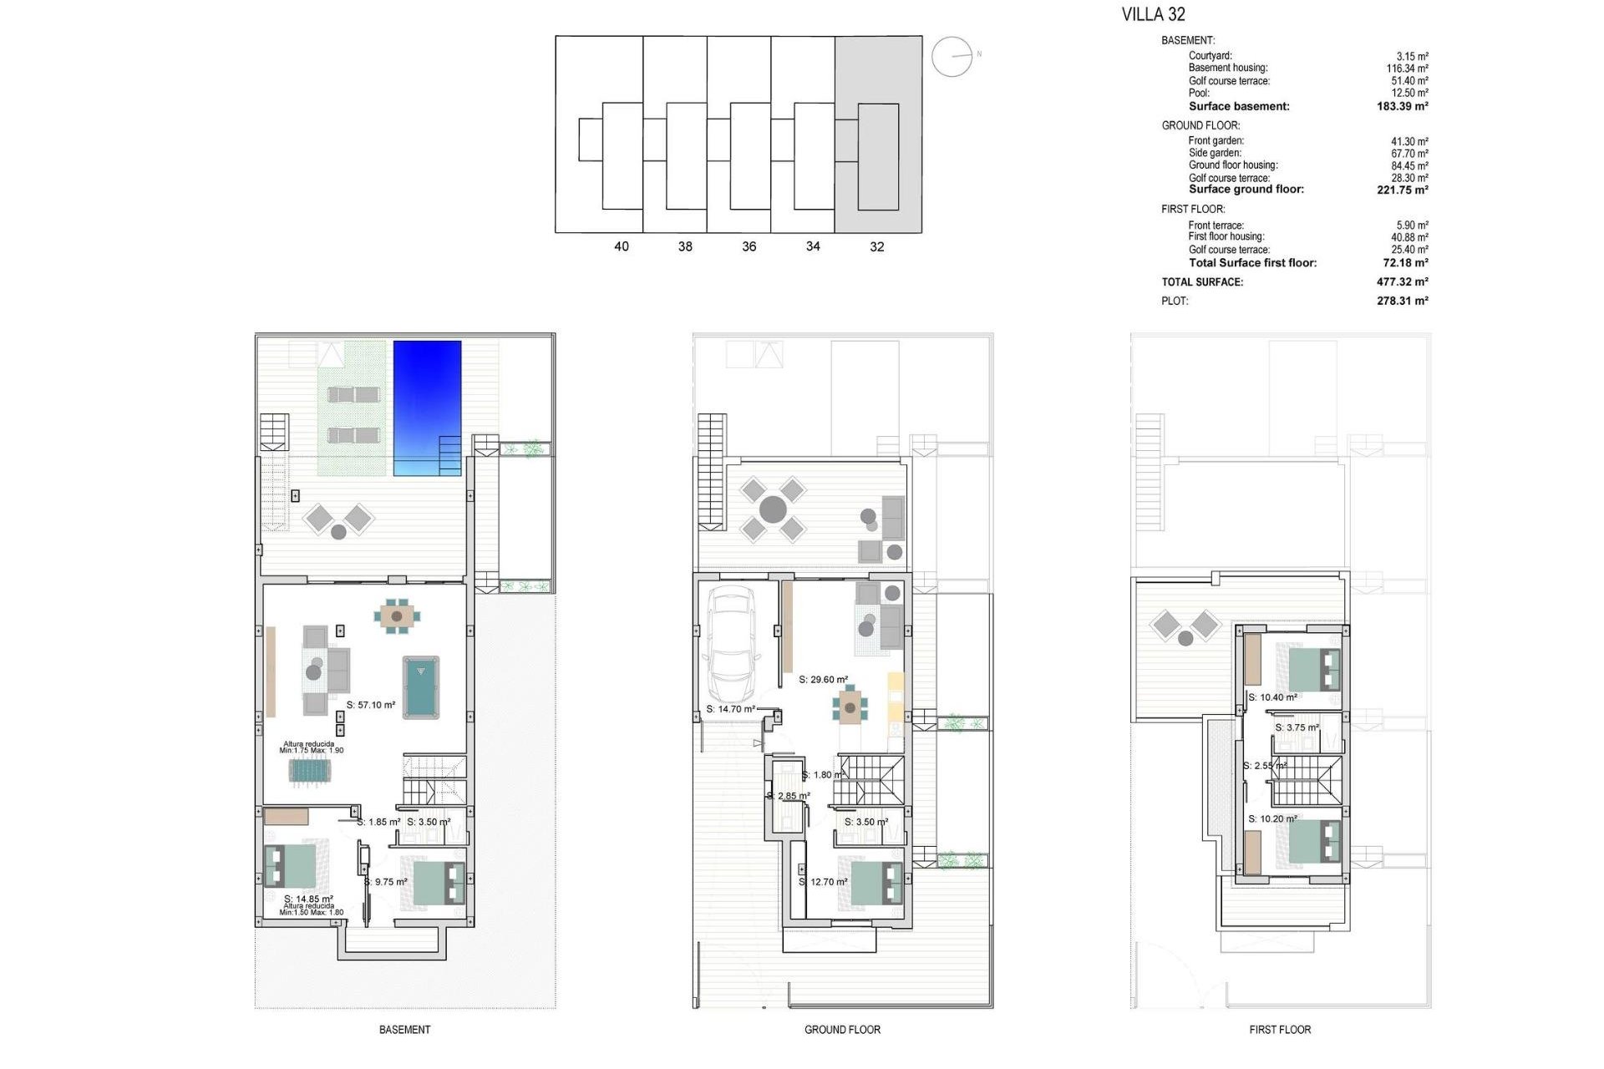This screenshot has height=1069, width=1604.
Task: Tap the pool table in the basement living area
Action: pos(421,686)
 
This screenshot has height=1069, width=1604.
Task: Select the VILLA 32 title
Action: pos(1153,14)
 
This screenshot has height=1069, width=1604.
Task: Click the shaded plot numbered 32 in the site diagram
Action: pos(878,134)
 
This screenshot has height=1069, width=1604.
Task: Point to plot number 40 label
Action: pos(621,246)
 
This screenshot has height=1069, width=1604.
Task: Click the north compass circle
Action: pos(952,57)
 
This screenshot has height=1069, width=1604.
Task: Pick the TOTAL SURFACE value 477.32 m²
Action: pos(1402,282)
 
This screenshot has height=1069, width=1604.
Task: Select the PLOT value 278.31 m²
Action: pos(1402,301)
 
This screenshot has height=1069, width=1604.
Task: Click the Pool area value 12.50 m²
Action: pos(1409,94)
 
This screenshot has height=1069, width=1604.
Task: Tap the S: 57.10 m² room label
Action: pos(371,705)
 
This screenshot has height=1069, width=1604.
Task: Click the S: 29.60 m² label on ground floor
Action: pos(823,680)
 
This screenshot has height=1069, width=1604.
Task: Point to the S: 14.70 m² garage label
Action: pos(731,709)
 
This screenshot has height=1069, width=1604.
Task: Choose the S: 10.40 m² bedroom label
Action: pos(1272,697)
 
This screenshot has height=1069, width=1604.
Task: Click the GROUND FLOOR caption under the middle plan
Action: pos(842,1030)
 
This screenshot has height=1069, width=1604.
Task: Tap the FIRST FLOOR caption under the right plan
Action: pos(1280,1030)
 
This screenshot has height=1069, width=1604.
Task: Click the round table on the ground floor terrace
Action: pos(773,509)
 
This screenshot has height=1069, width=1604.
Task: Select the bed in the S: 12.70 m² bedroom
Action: pos(876,884)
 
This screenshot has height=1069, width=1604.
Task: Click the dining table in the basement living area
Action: pos(397,616)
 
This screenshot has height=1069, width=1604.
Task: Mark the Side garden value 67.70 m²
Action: pos(1409,154)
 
